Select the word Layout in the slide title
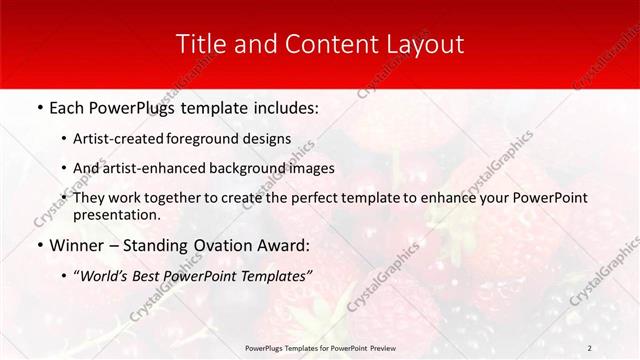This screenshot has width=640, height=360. (422, 44)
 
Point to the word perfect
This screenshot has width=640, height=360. (297, 198)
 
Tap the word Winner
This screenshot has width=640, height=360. (75, 245)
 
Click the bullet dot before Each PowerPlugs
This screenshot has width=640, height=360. (39, 106)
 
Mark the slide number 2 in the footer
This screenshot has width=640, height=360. (590, 347)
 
